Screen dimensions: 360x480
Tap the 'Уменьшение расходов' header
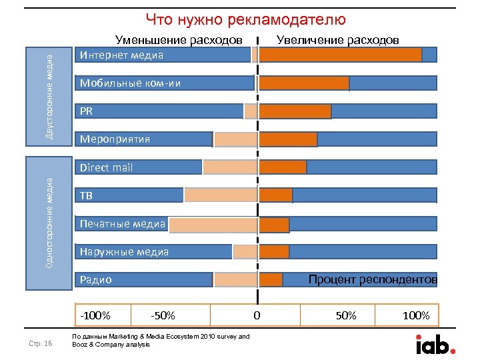(179, 41)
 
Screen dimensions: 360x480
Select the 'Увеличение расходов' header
(338, 41)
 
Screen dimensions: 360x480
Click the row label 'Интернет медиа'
(121, 55)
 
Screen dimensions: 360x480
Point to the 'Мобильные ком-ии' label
(130, 83)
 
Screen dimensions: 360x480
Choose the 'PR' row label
(87, 111)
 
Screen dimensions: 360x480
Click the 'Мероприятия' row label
(115, 139)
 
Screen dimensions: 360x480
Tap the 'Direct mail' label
(106, 167)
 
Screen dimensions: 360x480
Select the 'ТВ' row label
(87, 195)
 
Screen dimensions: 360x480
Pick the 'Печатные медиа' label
(123, 223)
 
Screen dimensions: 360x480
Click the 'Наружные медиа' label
(124, 251)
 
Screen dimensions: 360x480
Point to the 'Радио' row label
(95, 280)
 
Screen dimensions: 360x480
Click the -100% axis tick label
(95, 315)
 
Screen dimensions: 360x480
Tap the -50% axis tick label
(163, 315)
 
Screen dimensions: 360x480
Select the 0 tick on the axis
(257, 315)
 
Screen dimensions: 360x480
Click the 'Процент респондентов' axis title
(373, 279)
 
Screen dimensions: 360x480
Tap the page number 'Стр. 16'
(42, 343)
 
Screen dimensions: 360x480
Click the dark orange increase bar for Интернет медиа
(340, 55)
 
